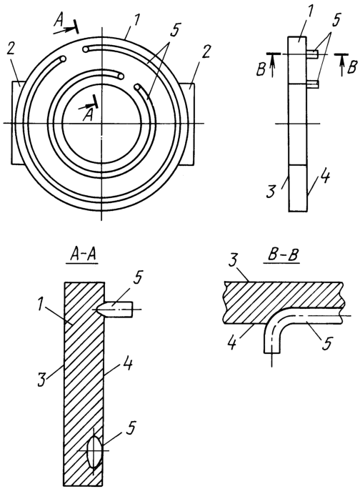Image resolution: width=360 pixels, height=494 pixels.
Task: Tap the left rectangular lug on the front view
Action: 15,122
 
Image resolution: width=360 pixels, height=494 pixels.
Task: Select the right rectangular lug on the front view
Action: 188,123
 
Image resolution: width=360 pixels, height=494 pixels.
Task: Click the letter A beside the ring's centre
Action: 88,115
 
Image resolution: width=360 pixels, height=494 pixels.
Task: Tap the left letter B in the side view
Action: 261,70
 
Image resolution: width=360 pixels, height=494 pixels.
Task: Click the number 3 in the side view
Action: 270,192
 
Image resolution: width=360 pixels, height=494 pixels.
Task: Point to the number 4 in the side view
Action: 326,178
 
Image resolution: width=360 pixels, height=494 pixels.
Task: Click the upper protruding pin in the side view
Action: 312,54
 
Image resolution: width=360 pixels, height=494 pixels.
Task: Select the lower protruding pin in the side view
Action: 312,84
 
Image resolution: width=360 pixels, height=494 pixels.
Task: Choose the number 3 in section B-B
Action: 233,262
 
